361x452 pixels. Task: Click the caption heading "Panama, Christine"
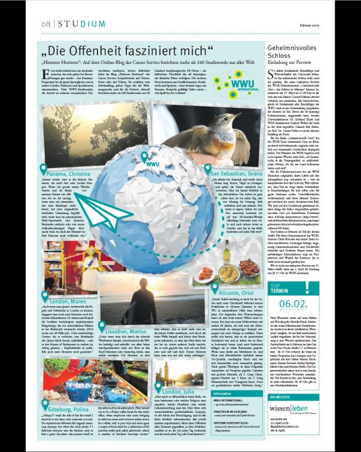click(67, 172)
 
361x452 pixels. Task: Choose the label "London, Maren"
click(70, 299)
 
